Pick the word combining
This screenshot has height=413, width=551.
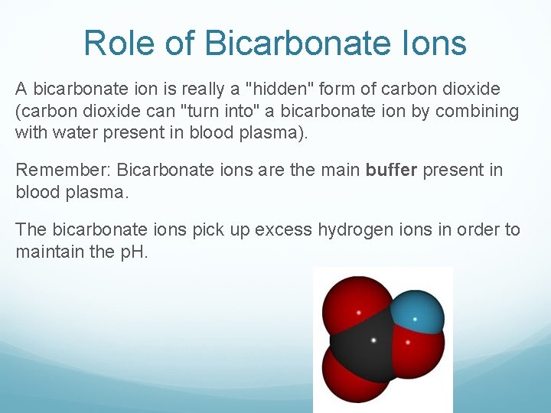479,111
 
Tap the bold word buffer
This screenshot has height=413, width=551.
391,170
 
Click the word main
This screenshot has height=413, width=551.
334,170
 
